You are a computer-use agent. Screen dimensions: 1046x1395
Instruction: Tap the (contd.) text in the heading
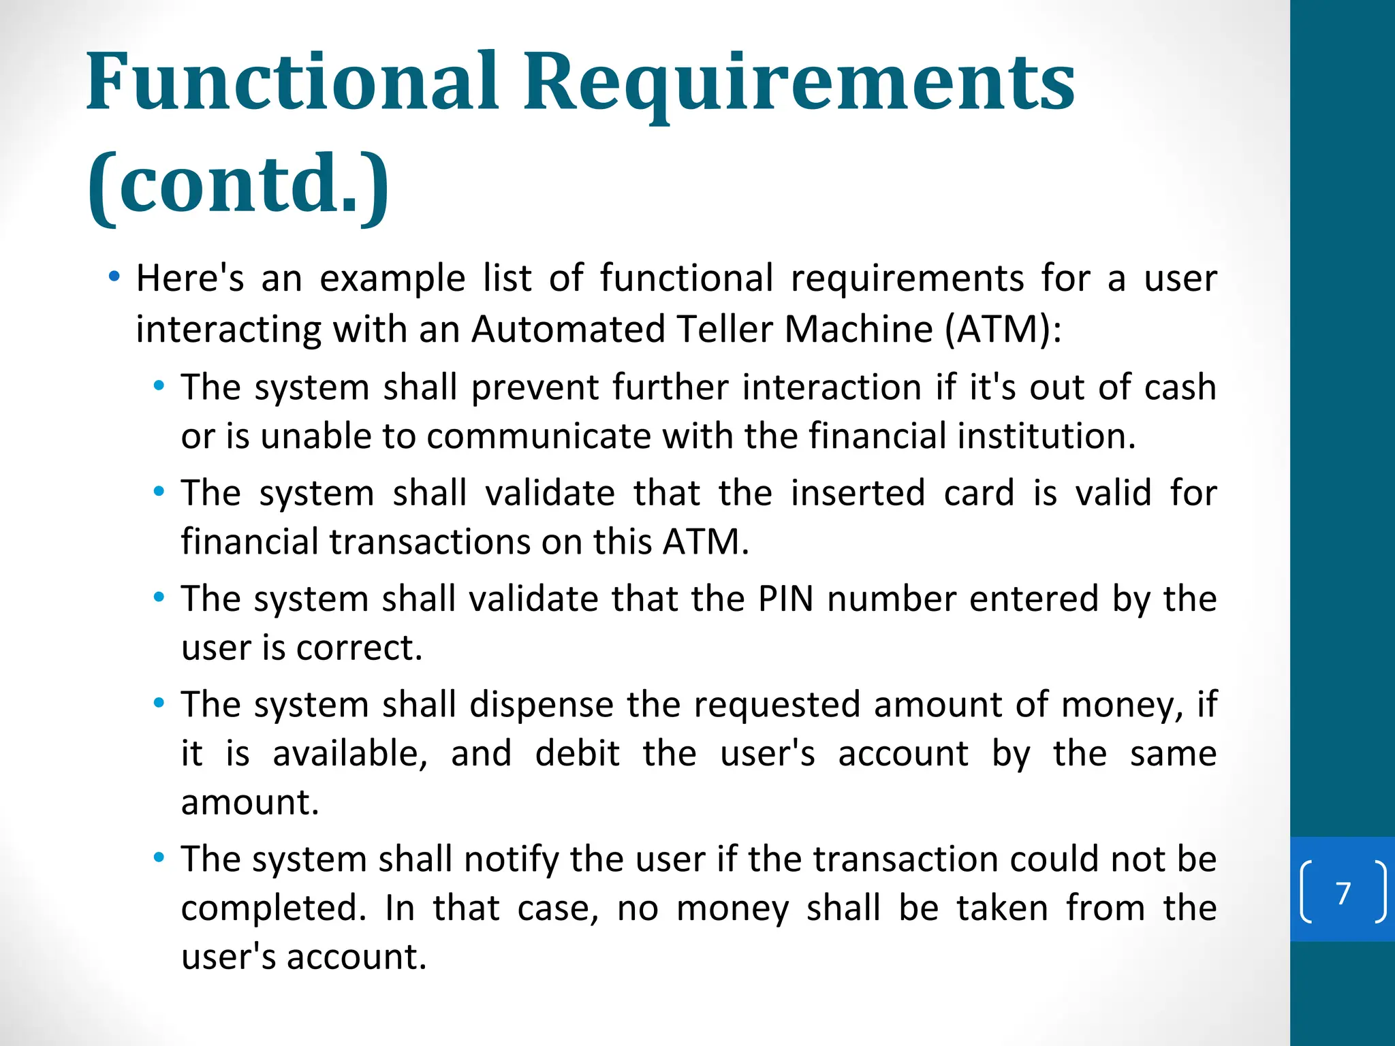(x=238, y=184)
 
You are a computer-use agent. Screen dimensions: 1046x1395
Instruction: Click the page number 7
(x=1343, y=893)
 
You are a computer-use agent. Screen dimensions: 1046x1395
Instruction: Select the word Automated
(x=568, y=330)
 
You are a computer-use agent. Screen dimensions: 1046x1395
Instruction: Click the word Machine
(x=858, y=330)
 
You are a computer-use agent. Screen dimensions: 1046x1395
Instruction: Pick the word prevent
(x=534, y=387)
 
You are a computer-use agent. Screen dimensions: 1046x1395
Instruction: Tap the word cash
(x=1180, y=387)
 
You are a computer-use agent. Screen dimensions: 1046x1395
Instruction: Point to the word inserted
(x=858, y=493)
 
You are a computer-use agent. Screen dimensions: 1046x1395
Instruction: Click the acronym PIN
(x=786, y=599)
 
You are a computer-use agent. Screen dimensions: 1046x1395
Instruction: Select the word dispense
(x=542, y=705)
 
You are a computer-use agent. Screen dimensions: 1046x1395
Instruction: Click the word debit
(x=577, y=754)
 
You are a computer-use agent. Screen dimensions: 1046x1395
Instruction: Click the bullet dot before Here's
(x=114, y=276)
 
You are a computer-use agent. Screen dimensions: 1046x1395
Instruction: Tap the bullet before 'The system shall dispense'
(x=159, y=703)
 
